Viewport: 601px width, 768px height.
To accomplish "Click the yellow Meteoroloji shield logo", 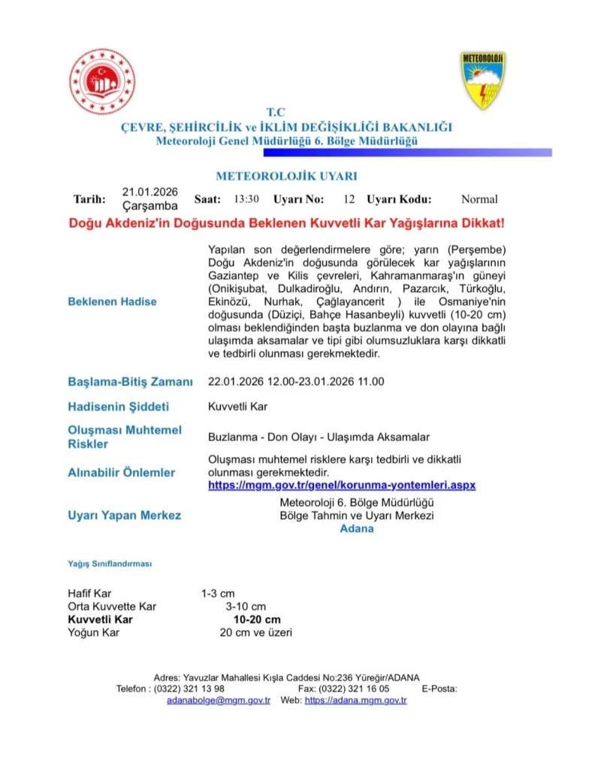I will (482, 80).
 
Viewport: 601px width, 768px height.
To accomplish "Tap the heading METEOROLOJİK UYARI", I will (286, 177).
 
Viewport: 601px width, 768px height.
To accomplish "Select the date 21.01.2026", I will (150, 192).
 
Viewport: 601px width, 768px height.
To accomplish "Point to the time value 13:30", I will (246, 199).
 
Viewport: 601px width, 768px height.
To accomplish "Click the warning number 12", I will (349, 199).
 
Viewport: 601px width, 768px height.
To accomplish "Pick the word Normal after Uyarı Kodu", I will (479, 199).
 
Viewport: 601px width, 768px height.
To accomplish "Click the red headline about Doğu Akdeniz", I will (286, 223).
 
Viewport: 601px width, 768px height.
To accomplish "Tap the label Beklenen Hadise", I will (113, 301).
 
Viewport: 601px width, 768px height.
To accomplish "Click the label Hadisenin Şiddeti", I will (119, 407).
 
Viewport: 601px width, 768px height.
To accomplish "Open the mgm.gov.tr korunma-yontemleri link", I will (342, 485).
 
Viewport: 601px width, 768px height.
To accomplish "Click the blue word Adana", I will (357, 528).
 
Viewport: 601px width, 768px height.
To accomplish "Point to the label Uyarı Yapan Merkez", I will (125, 516).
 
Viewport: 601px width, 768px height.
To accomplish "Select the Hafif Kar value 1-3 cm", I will (218, 594).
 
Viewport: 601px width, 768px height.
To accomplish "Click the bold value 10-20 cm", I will (257, 619).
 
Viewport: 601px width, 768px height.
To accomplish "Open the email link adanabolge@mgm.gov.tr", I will (219, 700).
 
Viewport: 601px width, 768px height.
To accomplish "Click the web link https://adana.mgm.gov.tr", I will (355, 700).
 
